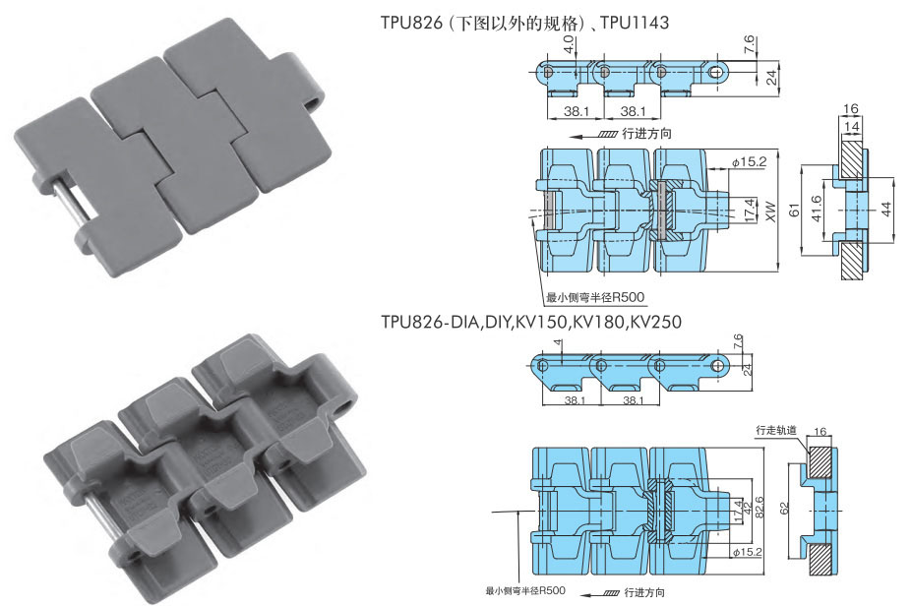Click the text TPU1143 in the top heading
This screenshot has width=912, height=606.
(635, 23)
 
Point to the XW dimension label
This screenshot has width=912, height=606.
(771, 212)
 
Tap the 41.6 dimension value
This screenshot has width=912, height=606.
(817, 209)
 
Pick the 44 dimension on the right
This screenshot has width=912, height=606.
(886, 210)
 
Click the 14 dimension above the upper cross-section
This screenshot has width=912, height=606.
(851, 126)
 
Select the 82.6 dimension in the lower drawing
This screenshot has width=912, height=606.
(759, 508)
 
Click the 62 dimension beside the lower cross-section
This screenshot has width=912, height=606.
(785, 509)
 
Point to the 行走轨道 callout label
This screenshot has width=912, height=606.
(776, 430)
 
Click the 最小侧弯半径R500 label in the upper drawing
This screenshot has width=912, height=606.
(594, 297)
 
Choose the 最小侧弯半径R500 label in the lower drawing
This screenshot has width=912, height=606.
(525, 590)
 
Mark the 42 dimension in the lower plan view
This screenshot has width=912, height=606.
(748, 511)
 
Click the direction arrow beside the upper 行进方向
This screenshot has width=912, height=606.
(593, 136)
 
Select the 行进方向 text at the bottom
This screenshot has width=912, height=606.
(644, 592)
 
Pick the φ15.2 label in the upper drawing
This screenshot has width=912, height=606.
(749, 162)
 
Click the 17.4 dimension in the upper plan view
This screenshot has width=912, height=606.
(750, 210)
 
